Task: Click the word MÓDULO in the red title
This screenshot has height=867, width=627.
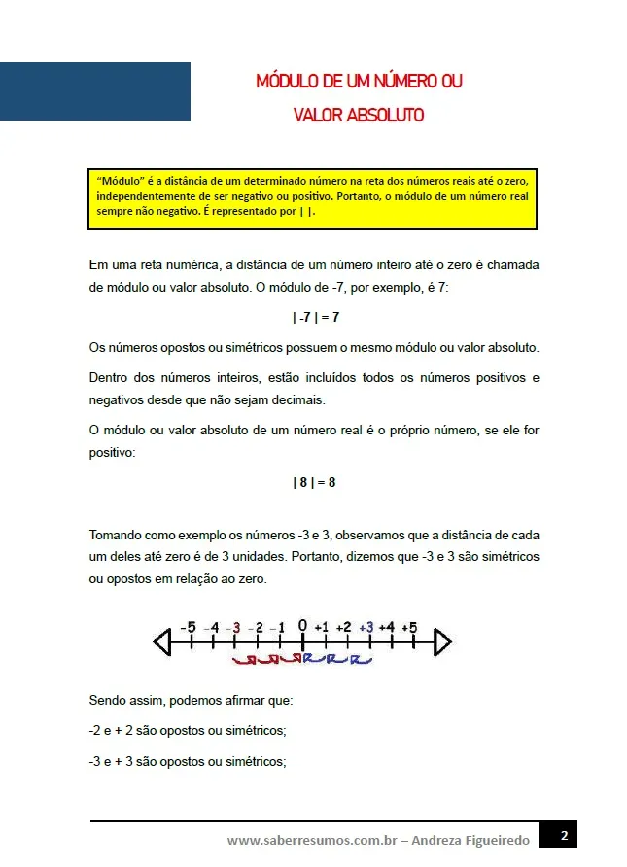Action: (287, 81)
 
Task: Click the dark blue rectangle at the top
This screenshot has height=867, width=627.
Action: (95, 91)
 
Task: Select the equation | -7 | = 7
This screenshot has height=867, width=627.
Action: (315, 317)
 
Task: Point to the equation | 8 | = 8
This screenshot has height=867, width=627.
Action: (314, 482)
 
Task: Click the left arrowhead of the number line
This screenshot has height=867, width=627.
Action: (162, 642)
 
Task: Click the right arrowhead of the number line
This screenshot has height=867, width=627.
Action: (442, 642)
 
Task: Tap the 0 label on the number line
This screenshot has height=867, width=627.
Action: (302, 625)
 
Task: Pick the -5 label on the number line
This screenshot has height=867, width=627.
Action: (188, 627)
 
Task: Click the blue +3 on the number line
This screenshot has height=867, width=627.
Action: (366, 628)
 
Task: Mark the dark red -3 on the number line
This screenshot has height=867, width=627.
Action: (233, 628)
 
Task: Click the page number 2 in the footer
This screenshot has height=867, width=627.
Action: (565, 835)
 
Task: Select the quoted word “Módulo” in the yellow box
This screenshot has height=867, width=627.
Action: (119, 181)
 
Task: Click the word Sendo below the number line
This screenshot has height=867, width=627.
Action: (109, 700)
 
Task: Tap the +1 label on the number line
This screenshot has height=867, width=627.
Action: (323, 628)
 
